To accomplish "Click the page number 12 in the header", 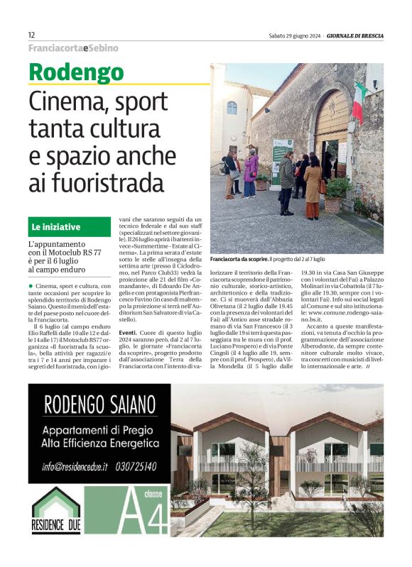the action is pos(32,35).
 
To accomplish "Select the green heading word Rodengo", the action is pos(77,72).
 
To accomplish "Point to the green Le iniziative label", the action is pos(55,227).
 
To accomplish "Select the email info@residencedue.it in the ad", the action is pos(74,466).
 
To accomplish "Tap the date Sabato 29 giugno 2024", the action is pos(293,35).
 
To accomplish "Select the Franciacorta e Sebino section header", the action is pos(73,48).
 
